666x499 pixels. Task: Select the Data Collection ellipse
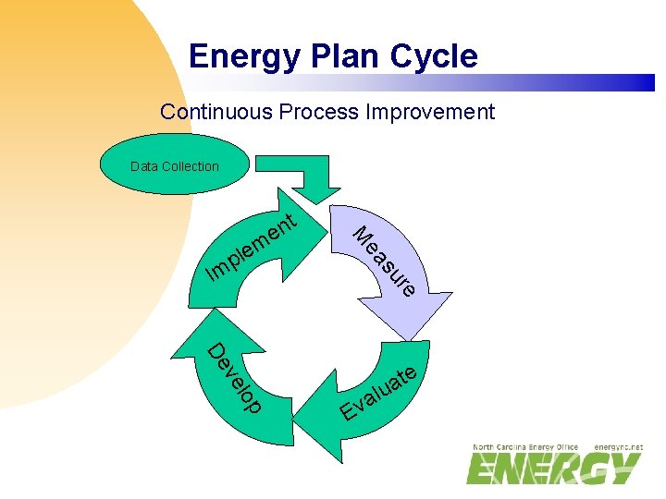[175, 165]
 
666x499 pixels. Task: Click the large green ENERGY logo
[553, 469]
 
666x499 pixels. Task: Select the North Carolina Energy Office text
[525, 446]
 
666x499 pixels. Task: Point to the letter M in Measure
[362, 234]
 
